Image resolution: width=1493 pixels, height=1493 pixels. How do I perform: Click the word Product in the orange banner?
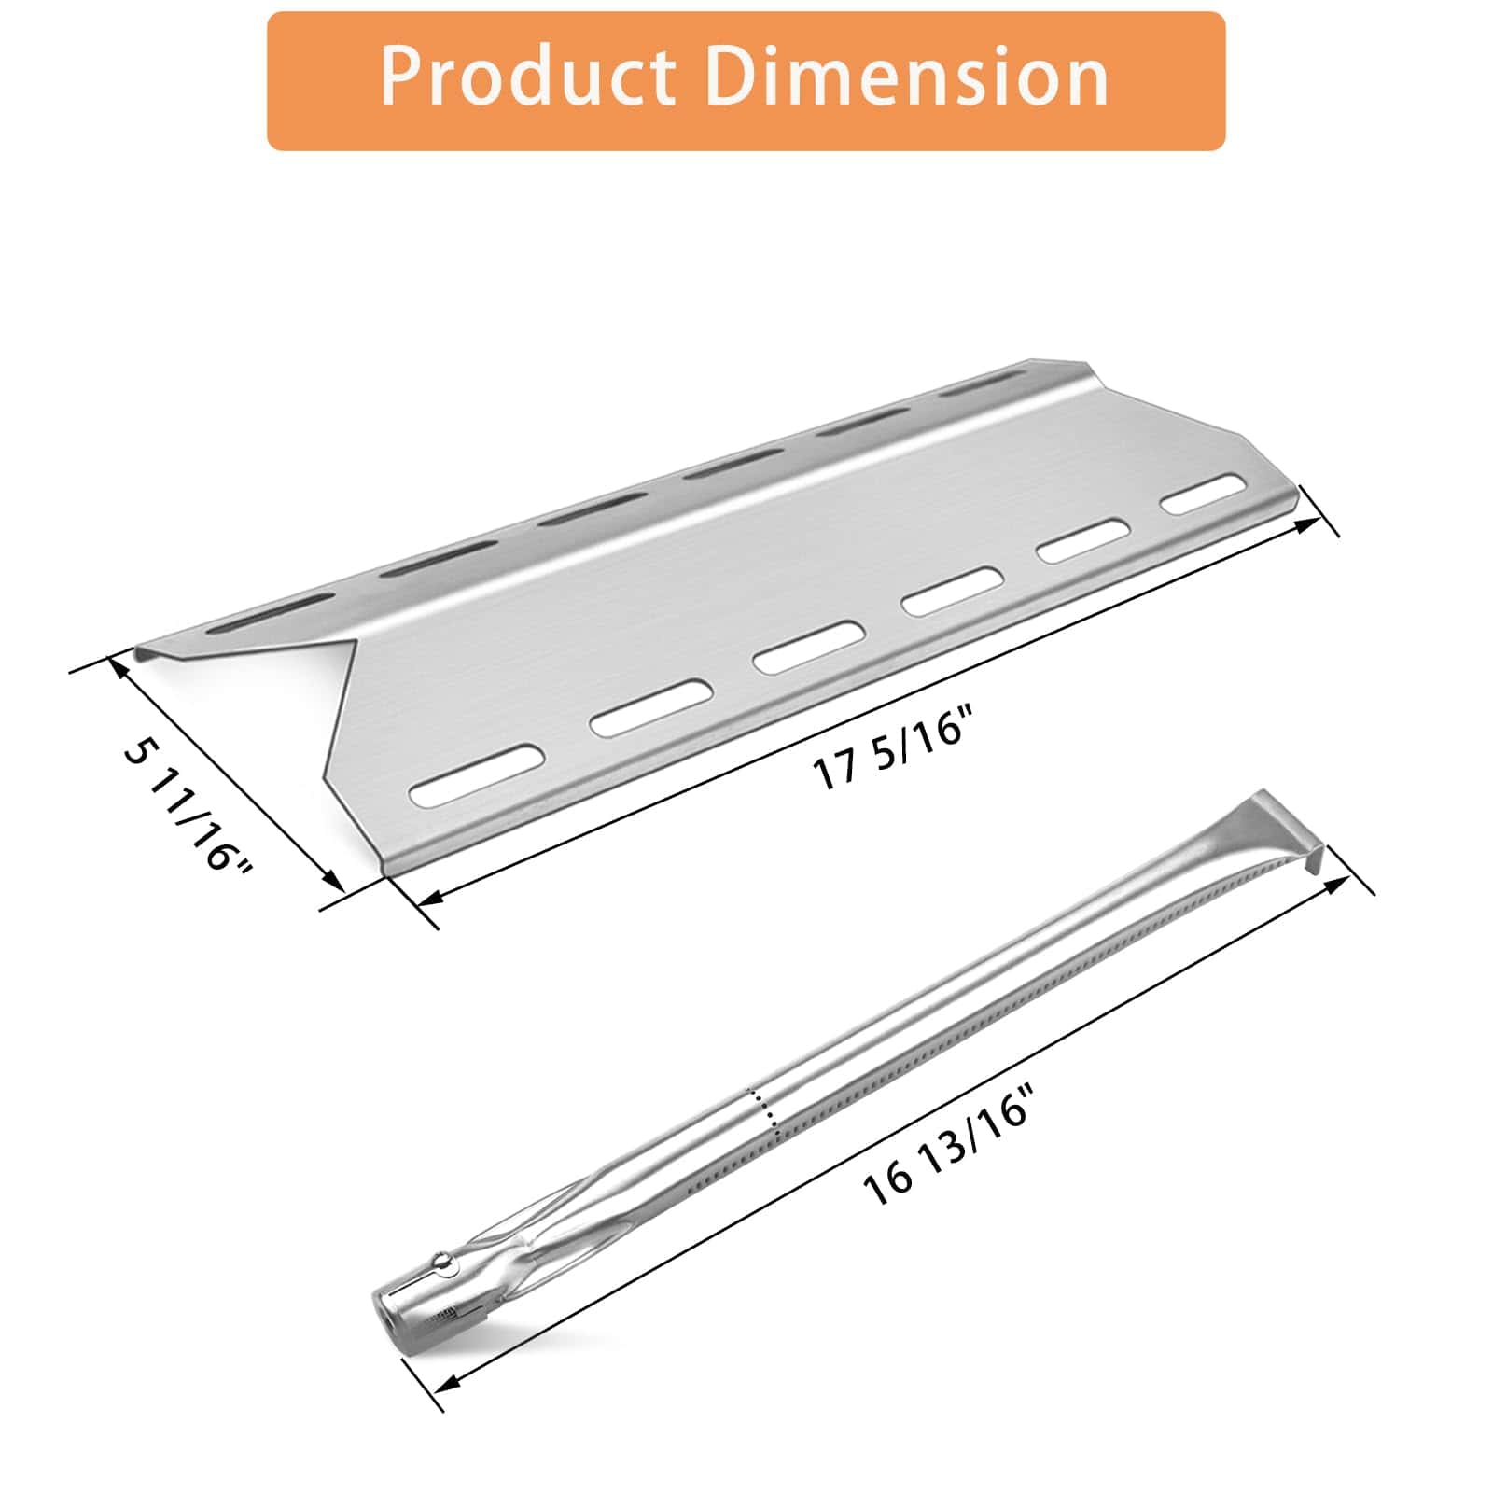(527, 77)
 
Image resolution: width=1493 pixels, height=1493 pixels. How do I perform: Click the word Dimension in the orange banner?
(906, 77)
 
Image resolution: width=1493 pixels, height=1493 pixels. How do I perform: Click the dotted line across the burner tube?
(764, 1115)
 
